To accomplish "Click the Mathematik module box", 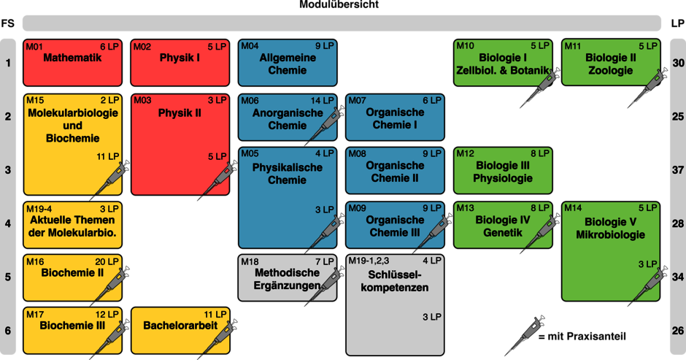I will pos(72,63).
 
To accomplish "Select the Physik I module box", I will pos(180,63).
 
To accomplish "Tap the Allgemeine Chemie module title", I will pos(288,64).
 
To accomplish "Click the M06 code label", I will pos(250,101).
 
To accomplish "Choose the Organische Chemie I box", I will pos(395,118).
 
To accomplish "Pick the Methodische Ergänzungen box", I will pos(288,278).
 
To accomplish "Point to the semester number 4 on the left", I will pos(8,224).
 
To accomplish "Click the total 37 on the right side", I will pos(677,170).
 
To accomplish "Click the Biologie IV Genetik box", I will pos(503,225).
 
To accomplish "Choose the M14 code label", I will pos(574,208).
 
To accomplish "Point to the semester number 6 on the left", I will pos(8,330).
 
